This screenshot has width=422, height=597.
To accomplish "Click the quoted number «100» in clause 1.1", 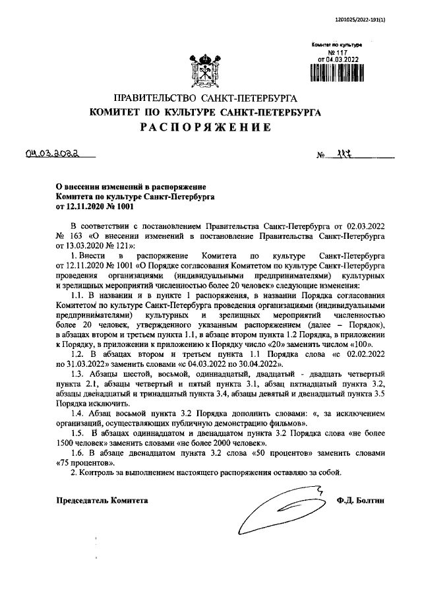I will pos(364,344).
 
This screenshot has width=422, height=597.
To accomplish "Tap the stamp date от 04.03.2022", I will pos(342,58).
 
